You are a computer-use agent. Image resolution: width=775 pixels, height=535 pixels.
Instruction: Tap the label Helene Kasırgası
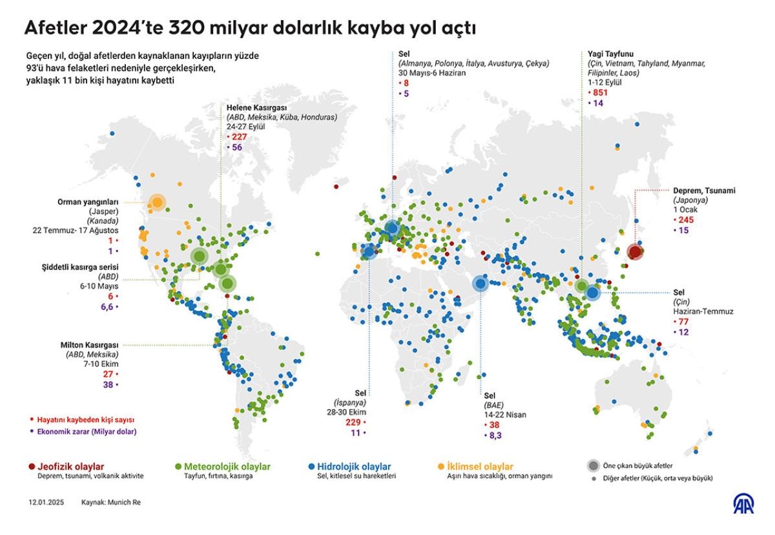pyautogui.click(x=256, y=107)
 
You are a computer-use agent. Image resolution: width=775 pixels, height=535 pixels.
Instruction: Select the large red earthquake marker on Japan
pyautogui.click(x=634, y=252)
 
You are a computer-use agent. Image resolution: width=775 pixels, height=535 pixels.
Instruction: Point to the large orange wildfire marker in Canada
pyautogui.click(x=157, y=204)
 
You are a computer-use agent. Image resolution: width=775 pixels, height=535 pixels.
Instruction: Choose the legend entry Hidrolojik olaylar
pyautogui.click(x=353, y=466)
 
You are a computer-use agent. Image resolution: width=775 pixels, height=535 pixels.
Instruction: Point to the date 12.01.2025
pyautogui.click(x=46, y=501)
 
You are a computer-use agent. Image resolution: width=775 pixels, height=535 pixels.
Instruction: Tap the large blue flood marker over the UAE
pyautogui.click(x=480, y=284)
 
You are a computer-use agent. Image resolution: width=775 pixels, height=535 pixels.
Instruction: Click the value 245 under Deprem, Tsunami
pyautogui.click(x=685, y=220)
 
